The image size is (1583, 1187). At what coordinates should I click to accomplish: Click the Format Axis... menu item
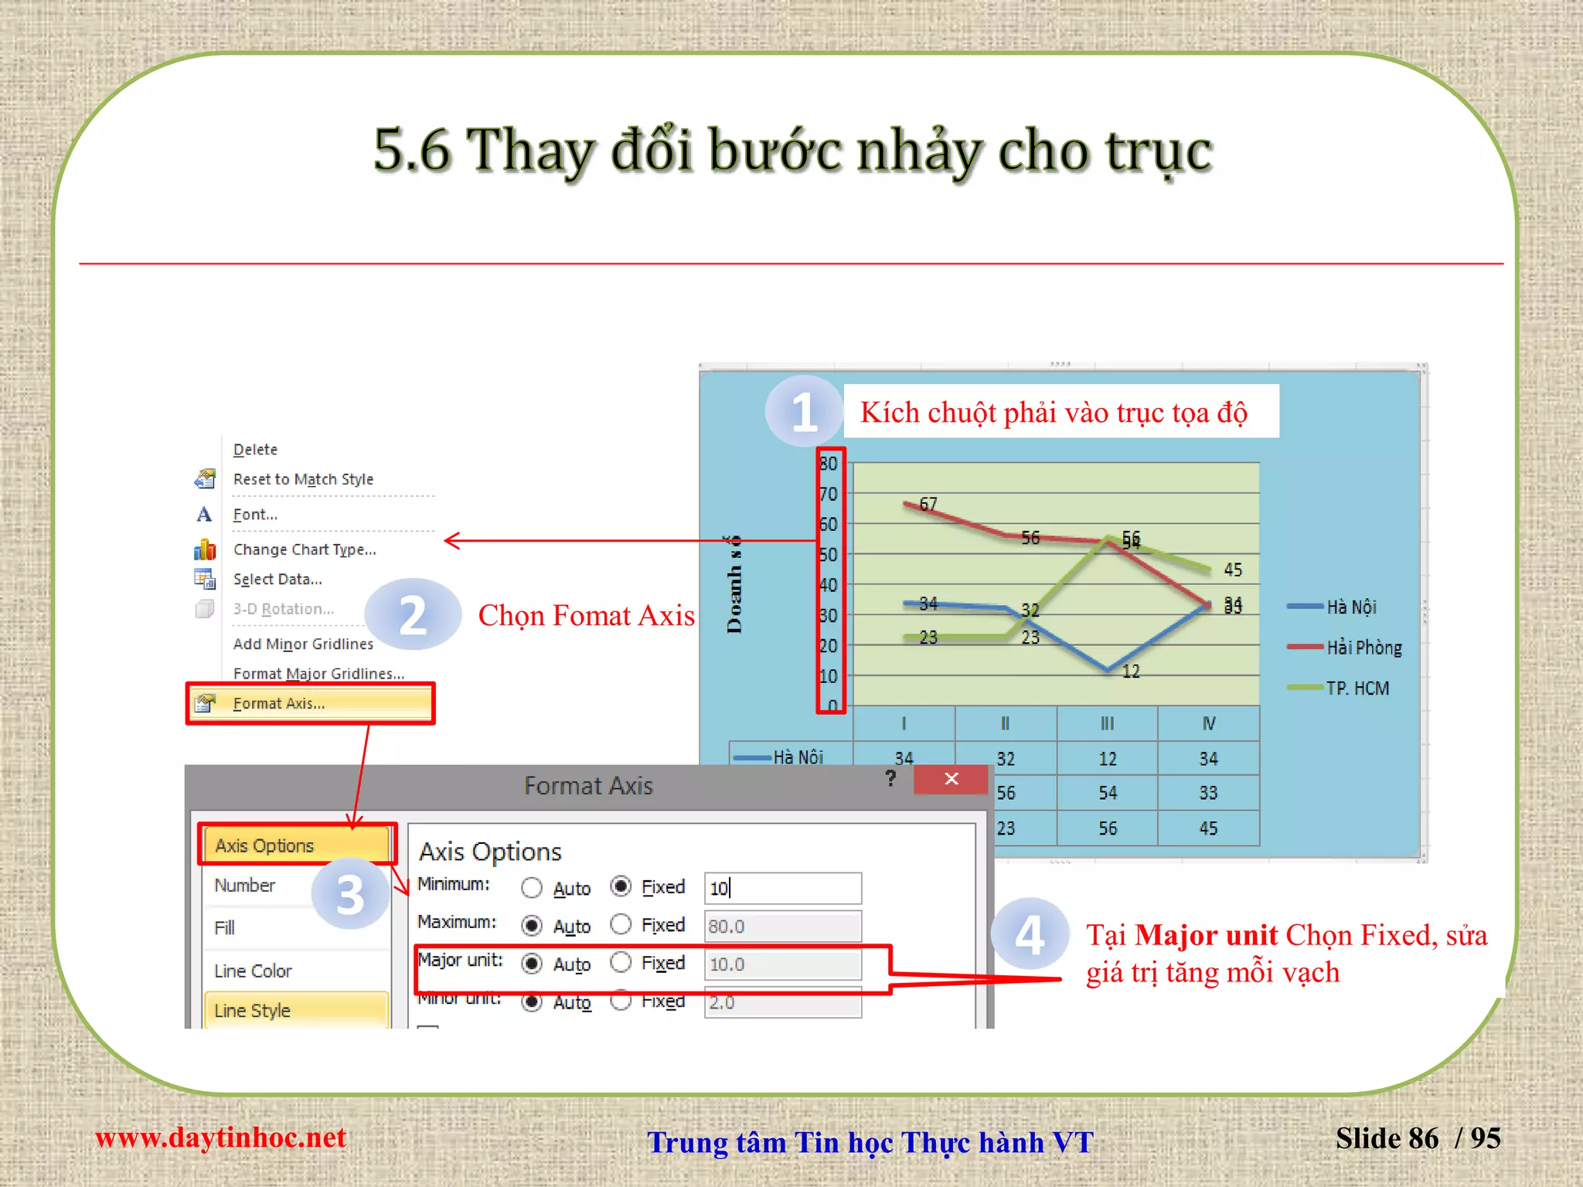pos(279,703)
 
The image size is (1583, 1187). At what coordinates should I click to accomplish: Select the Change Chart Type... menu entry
pos(305,549)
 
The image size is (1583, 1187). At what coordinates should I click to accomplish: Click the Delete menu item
pos(255,450)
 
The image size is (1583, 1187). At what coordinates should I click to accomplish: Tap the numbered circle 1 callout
pos(804,411)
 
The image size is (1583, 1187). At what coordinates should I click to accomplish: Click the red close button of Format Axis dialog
pos(951,779)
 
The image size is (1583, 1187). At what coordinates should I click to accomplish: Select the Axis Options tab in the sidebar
pos(265,845)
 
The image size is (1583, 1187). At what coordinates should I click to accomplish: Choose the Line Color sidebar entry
pos(253,971)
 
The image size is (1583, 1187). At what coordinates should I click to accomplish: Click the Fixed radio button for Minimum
pos(621,886)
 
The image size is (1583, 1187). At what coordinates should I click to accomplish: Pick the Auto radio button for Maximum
pos(532,925)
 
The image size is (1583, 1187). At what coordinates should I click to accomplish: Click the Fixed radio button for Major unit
pos(621,963)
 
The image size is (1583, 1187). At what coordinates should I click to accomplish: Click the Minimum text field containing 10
pos(782,888)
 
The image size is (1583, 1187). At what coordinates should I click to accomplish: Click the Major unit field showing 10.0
pos(782,964)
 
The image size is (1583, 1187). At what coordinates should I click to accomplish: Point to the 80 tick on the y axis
pos(828,464)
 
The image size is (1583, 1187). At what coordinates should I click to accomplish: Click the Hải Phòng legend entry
pos(1363,648)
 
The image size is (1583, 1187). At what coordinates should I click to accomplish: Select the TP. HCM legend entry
pos(1357,688)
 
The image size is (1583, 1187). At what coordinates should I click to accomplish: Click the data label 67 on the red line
pos(928,505)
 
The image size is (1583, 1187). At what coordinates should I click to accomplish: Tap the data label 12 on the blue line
pos(1131,672)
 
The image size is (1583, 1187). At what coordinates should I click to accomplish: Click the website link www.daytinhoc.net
pos(220,1138)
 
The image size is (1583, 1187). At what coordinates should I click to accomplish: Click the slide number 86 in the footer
pos(1423,1138)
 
